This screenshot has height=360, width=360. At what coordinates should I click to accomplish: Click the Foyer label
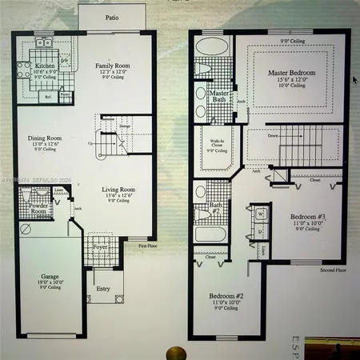click(x=100, y=248)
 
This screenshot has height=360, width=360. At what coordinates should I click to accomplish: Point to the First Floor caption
click(x=146, y=246)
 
